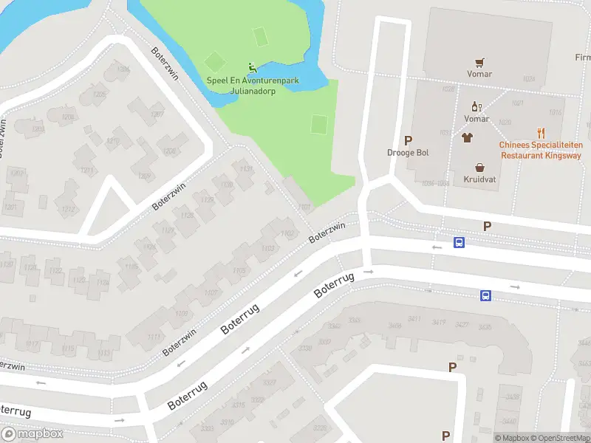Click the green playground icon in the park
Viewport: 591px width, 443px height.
click(x=252, y=66)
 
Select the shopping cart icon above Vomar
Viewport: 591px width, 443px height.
click(x=479, y=63)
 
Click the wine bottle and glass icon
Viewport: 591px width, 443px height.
click(x=476, y=108)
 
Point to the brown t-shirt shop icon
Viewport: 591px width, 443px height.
click(x=467, y=137)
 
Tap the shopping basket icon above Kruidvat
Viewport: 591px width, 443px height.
click(x=479, y=168)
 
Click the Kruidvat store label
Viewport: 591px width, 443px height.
click(x=479, y=179)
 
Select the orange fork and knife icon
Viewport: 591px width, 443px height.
click(x=542, y=134)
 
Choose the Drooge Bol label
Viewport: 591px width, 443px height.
click(x=408, y=153)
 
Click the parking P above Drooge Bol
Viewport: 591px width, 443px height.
click(x=408, y=140)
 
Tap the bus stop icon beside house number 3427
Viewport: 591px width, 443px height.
click(x=485, y=296)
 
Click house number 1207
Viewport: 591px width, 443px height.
click(x=157, y=114)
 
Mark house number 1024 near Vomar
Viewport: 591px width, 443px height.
click(x=527, y=79)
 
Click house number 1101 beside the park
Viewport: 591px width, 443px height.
click(x=304, y=207)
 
